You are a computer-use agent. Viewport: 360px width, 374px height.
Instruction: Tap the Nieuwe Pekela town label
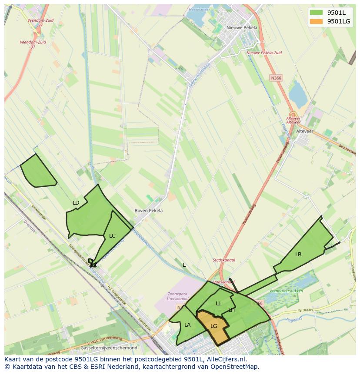pyautogui.click(x=242, y=27)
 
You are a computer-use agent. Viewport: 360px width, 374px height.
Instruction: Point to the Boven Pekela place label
pyautogui.click(x=149, y=211)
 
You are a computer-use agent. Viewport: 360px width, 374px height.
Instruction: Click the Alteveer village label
pyautogui.click(x=304, y=131)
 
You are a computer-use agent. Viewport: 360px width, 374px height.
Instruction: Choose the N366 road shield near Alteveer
pyautogui.click(x=276, y=78)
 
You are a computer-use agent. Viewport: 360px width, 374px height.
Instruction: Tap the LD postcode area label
pyautogui.click(x=76, y=203)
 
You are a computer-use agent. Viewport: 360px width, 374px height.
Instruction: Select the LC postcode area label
pyautogui.click(x=112, y=236)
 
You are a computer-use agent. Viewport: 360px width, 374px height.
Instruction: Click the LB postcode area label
pyautogui.click(x=298, y=255)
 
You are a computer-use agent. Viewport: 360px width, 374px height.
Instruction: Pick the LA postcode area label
pyautogui.click(x=187, y=324)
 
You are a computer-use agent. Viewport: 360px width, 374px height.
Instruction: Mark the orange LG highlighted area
pyautogui.click(x=213, y=326)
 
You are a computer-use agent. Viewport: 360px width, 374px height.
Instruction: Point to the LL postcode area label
pyautogui.click(x=218, y=304)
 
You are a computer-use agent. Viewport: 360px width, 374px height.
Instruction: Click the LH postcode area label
pyautogui.click(x=231, y=310)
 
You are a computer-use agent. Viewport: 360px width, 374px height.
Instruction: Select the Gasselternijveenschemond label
pyautogui.click(x=109, y=348)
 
